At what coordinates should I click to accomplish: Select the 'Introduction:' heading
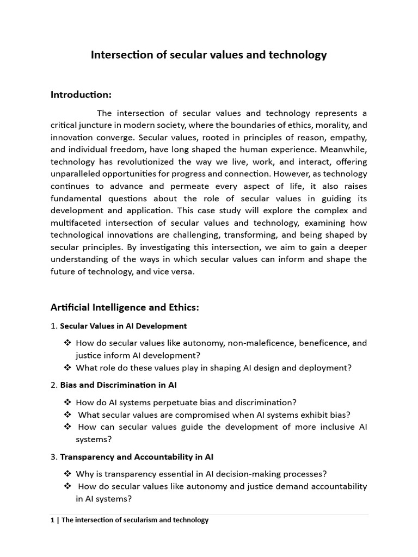pos(81,95)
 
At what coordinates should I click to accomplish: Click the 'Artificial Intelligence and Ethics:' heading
pos(125,308)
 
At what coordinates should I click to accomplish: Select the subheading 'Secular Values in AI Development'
pos(123,326)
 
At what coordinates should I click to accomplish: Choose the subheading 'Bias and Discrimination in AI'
pos(118,385)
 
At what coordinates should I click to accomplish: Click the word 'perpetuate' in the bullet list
pos(167,403)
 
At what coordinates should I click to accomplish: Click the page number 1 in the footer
pos(52,520)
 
